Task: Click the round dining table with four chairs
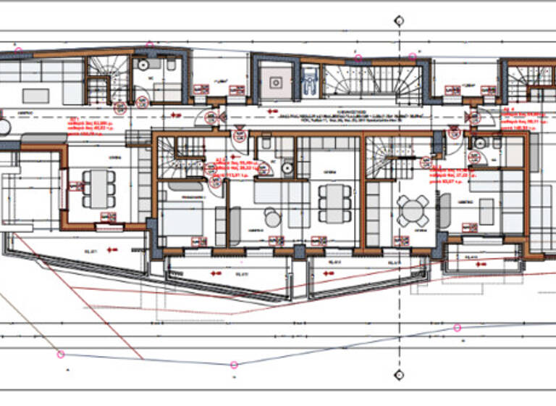tap(413, 210)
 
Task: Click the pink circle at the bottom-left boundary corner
tap(61, 354)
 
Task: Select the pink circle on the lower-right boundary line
tap(457, 328)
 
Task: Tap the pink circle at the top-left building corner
tap(19, 51)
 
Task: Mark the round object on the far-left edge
tap(4, 127)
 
